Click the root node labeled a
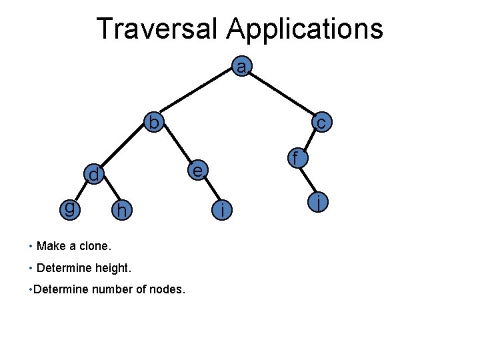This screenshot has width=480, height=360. click(241, 67)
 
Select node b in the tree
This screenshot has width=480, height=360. click(155, 123)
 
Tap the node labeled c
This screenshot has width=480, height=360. click(321, 123)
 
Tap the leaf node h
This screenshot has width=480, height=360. click(121, 210)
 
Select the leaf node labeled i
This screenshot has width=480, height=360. click(222, 210)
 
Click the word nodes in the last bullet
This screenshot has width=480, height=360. click(169, 289)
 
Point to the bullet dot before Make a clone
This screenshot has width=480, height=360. click(31, 246)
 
